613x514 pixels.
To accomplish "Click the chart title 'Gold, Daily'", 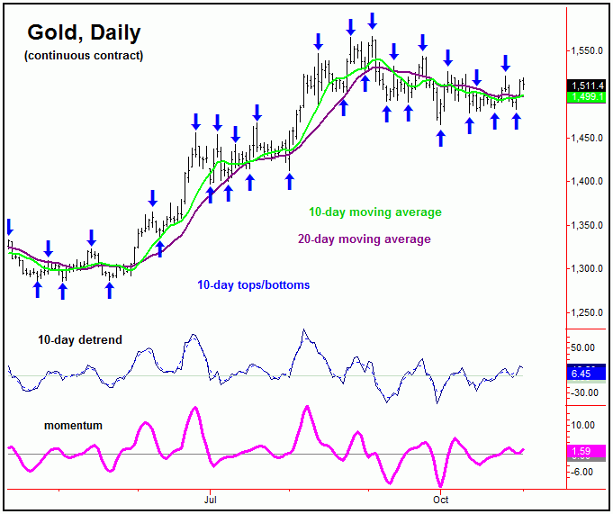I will (83, 33).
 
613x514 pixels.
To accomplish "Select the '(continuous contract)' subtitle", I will (83, 56).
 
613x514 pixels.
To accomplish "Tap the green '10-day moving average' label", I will (375, 212).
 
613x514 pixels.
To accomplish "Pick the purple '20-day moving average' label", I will (364, 239).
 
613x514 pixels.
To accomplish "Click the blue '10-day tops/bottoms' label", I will (253, 285).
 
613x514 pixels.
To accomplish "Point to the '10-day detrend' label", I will (80, 340).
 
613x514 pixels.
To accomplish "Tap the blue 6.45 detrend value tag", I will (583, 372).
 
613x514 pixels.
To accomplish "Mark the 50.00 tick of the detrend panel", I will (585, 347).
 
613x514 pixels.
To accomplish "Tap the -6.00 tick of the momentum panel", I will (583, 472).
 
